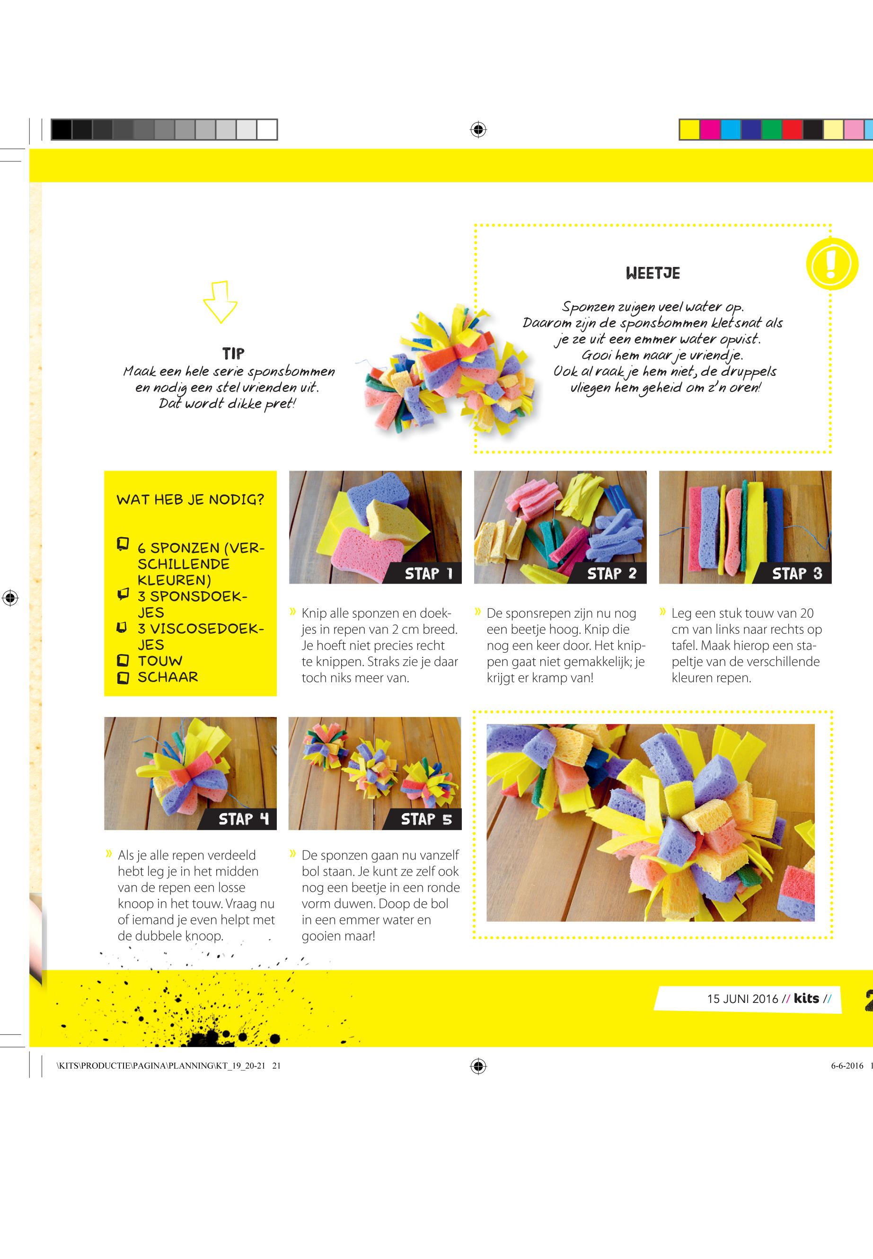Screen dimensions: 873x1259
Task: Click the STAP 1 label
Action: coord(429,574)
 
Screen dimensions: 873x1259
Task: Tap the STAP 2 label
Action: coord(612,574)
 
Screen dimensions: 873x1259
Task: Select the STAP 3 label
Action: coord(797,574)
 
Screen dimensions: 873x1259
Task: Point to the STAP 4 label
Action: coord(244,819)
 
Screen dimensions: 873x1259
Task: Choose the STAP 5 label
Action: coord(427,819)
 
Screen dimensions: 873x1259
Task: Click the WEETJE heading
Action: coord(653,273)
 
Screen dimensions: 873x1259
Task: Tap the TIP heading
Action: coord(234,353)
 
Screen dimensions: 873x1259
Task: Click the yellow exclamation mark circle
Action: coord(831,264)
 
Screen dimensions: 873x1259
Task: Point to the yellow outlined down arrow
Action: coord(220,301)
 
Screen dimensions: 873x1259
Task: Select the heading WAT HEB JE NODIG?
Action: coord(190,499)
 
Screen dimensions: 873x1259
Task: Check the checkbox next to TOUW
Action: coord(123,660)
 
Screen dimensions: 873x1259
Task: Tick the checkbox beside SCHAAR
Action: coord(123,677)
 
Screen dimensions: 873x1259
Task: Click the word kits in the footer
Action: coord(806,998)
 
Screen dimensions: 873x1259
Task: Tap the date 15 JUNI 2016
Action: coord(742,999)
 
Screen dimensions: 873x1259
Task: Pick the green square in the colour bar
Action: coord(772,130)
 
